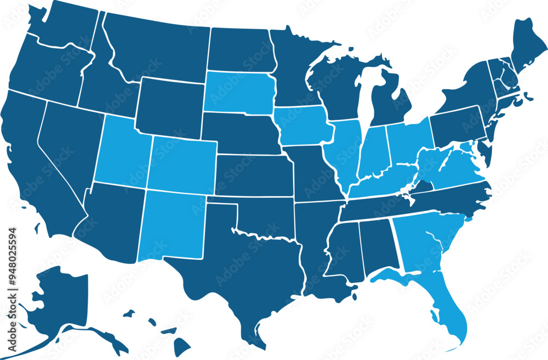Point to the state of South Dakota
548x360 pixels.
point(239,92)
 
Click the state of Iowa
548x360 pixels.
point(303,126)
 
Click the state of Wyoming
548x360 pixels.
point(169,107)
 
